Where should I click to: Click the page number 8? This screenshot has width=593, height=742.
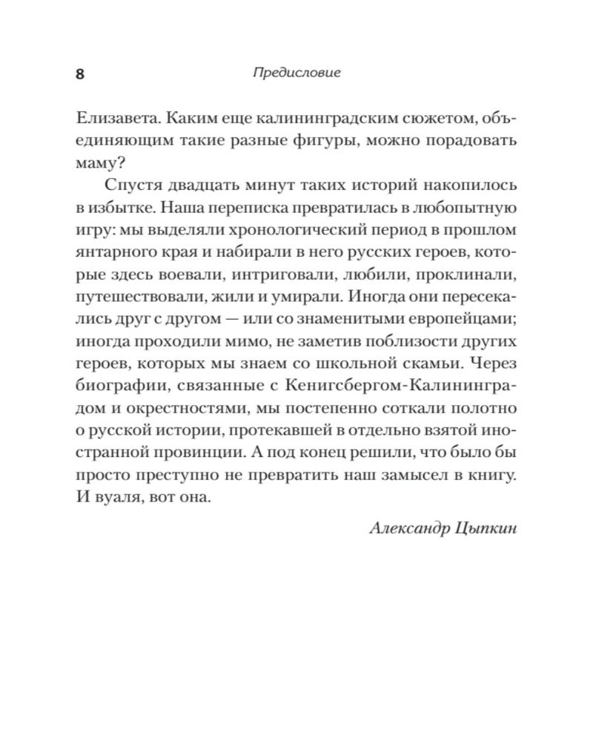pyautogui.click(x=80, y=74)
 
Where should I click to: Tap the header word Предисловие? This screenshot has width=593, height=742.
pyautogui.click(x=296, y=73)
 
